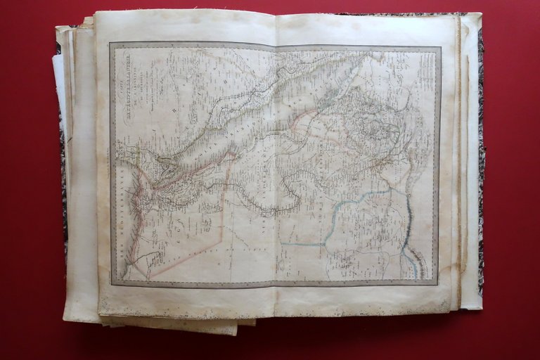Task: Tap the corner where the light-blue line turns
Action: pos(325,244)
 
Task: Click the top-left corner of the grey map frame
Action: pos(110,44)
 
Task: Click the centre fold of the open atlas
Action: pos(276,169)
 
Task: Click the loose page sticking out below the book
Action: pos(176,326)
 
